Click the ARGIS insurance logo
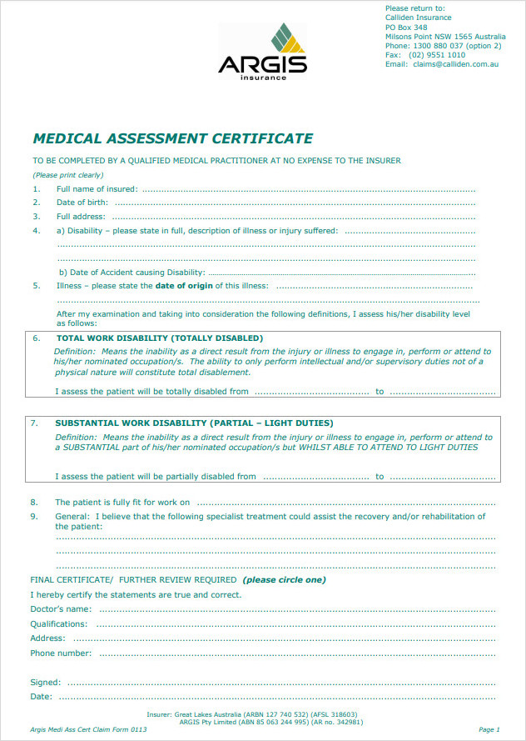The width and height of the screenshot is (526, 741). click(x=262, y=52)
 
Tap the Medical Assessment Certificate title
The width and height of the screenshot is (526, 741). click(x=172, y=138)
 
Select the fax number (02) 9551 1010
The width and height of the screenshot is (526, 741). click(x=437, y=55)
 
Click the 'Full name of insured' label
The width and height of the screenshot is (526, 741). click(x=97, y=189)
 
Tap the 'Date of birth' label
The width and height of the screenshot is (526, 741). click(x=82, y=203)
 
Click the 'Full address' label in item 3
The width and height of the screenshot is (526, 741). click(x=81, y=217)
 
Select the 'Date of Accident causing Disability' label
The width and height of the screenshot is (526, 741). click(x=131, y=273)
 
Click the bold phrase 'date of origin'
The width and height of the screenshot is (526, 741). click(x=183, y=286)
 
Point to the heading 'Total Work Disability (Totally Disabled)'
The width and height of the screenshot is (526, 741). click(x=159, y=338)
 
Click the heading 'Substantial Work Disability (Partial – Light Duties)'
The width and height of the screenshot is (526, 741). click(x=194, y=423)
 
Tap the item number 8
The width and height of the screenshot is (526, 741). click(x=34, y=503)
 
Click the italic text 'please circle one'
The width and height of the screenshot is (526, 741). click(x=285, y=579)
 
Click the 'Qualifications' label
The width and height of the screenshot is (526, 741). click(x=58, y=623)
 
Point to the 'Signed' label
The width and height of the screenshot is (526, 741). click(x=44, y=683)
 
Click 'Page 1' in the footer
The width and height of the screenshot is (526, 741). click(x=489, y=729)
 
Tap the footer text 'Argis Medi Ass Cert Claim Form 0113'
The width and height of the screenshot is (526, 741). click(x=82, y=729)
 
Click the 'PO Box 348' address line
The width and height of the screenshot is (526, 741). click(x=406, y=28)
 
